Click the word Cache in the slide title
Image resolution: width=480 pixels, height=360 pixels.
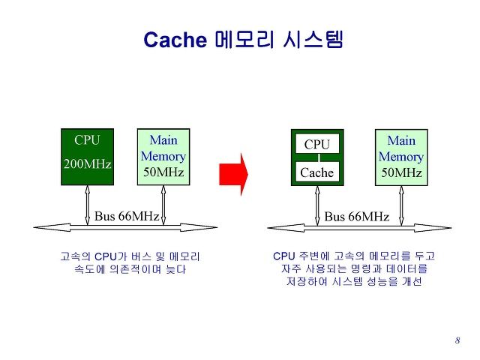(x=175, y=40)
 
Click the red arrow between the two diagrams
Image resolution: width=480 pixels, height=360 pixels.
(x=233, y=175)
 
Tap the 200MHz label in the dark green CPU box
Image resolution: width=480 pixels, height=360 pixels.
(x=87, y=164)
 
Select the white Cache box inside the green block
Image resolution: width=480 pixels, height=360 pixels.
(x=317, y=172)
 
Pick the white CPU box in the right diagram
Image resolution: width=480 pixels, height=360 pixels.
(x=317, y=144)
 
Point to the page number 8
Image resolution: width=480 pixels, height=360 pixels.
(x=457, y=340)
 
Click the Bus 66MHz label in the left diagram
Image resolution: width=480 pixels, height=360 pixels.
(x=127, y=216)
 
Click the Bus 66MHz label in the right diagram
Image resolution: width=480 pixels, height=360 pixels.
(x=357, y=217)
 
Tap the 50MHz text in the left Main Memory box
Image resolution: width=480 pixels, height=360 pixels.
(x=163, y=172)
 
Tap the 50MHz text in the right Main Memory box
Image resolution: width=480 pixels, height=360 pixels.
(x=401, y=172)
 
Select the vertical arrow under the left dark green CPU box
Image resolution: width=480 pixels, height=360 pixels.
(x=87, y=205)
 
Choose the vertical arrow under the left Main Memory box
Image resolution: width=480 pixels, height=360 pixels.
(x=163, y=205)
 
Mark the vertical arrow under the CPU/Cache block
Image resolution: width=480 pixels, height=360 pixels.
(x=317, y=205)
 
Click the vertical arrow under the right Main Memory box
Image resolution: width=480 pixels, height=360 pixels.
(x=401, y=205)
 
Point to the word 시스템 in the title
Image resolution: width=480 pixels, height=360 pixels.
(x=313, y=39)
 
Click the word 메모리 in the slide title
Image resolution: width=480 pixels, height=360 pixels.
(x=244, y=39)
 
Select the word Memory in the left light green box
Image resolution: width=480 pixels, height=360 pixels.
(x=163, y=157)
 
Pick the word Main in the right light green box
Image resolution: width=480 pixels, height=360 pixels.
(x=401, y=140)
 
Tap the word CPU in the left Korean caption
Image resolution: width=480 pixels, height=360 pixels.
(x=106, y=256)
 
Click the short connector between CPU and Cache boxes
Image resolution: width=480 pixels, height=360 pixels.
(x=319, y=157)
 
